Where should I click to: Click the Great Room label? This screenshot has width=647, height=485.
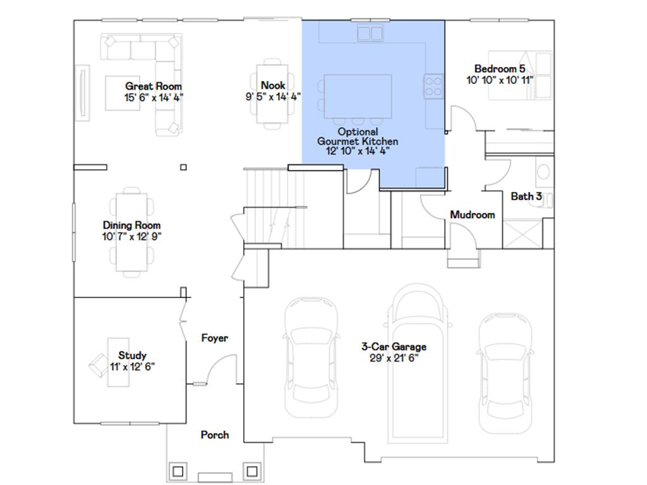pyautogui.click(x=154, y=87)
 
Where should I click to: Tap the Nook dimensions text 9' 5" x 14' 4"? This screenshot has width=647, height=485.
pyautogui.click(x=273, y=97)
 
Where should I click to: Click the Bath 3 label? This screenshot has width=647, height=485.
pyautogui.click(x=526, y=196)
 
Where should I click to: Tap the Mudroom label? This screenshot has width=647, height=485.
pyautogui.click(x=472, y=215)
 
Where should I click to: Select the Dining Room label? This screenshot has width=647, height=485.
pyautogui.click(x=131, y=225)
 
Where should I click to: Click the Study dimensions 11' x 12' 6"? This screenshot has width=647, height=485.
pyautogui.click(x=131, y=366)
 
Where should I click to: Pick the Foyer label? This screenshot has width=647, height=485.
pyautogui.click(x=214, y=338)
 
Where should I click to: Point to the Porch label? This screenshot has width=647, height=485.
pyautogui.click(x=215, y=435)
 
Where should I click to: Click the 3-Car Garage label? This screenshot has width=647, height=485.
pyautogui.click(x=394, y=347)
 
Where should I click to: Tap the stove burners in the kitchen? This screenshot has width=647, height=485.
pyautogui.click(x=432, y=87)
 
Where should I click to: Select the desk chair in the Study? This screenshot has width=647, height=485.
pyautogui.click(x=99, y=364)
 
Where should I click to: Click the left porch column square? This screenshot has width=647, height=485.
pyautogui.click(x=178, y=471)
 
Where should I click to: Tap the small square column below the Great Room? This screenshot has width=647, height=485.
pyautogui.click(x=183, y=167)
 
